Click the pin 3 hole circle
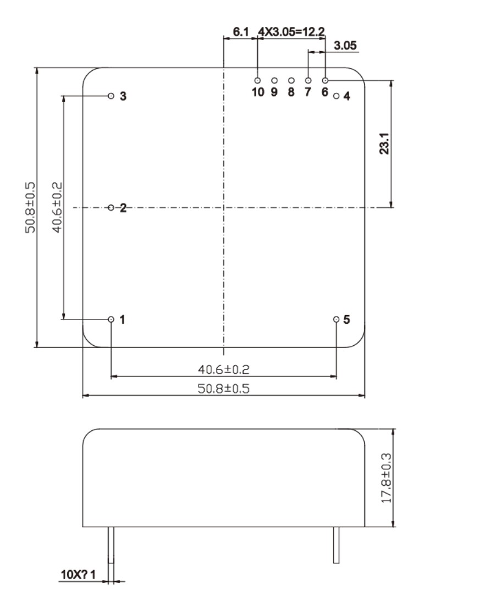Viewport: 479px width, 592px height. coord(111,96)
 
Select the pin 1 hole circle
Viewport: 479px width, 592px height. coord(111,319)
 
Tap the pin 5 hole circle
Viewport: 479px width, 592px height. coord(337,319)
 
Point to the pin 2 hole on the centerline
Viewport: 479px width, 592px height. coord(111,208)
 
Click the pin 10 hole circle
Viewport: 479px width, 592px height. coord(257,80)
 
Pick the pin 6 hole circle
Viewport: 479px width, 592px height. coord(326,80)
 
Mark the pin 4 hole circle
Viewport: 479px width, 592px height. coord(337,96)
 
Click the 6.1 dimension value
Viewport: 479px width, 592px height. coord(240,32)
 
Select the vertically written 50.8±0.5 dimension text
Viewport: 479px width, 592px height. coord(31,208)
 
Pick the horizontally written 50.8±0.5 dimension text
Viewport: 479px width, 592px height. coord(223,388)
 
